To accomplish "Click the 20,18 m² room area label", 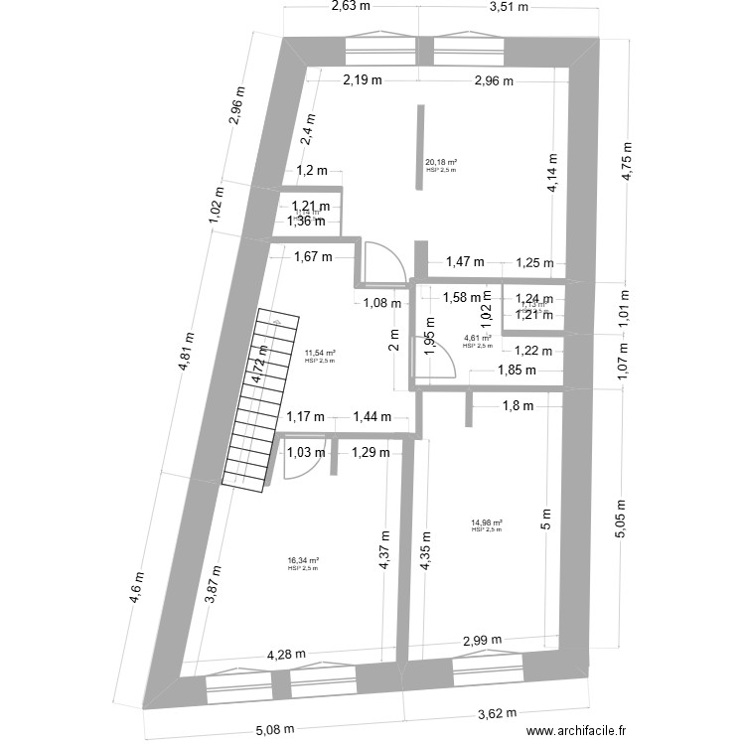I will tap(441, 163).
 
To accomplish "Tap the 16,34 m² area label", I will tap(303, 561).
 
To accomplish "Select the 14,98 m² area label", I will tap(487, 522).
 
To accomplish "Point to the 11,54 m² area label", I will tap(320, 353).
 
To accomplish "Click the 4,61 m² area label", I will tap(478, 339).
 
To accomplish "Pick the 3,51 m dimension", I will tap(509, 8).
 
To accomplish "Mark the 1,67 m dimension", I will tap(312, 257).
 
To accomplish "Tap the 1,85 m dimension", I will tap(516, 371).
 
